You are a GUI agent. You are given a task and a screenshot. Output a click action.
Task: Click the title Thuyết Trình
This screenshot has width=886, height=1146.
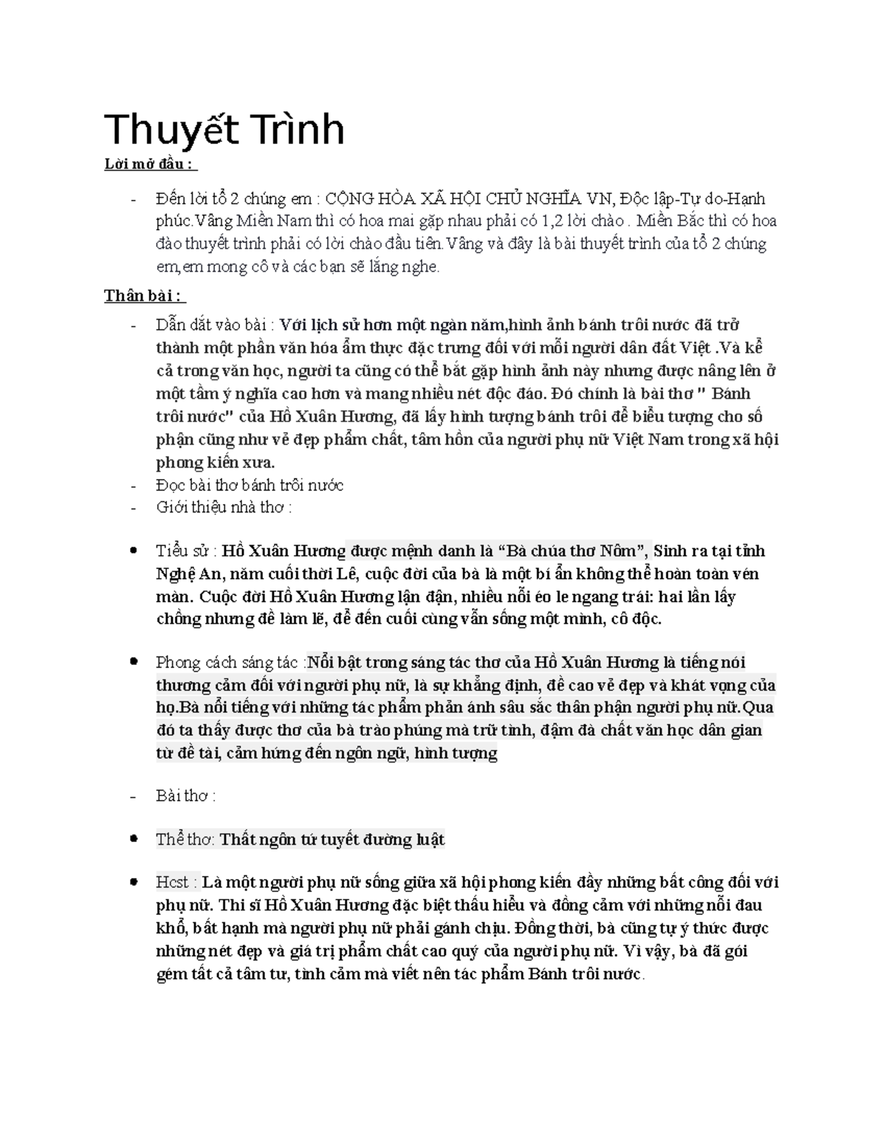click(x=224, y=130)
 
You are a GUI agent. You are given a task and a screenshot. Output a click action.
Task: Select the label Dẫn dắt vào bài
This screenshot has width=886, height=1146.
click(x=214, y=325)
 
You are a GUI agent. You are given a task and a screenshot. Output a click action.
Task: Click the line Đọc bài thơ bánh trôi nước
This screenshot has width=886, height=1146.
click(x=250, y=486)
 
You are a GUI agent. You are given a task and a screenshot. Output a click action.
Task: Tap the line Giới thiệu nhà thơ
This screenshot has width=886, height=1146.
click(x=223, y=508)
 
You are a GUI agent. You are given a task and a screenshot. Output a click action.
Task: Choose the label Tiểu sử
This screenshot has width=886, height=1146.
click(x=185, y=551)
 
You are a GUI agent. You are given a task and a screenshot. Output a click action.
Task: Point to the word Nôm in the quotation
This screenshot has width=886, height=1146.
click(x=626, y=551)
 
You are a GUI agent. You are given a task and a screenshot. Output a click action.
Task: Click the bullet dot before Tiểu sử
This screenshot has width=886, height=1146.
click(x=133, y=550)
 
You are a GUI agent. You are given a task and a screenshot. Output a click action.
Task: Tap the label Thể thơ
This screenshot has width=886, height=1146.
click(x=185, y=840)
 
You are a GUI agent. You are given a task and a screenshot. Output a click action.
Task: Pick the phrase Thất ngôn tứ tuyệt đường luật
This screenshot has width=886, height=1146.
click(x=333, y=840)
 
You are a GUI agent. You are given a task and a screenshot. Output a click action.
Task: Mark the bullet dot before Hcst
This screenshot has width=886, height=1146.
click(x=133, y=882)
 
